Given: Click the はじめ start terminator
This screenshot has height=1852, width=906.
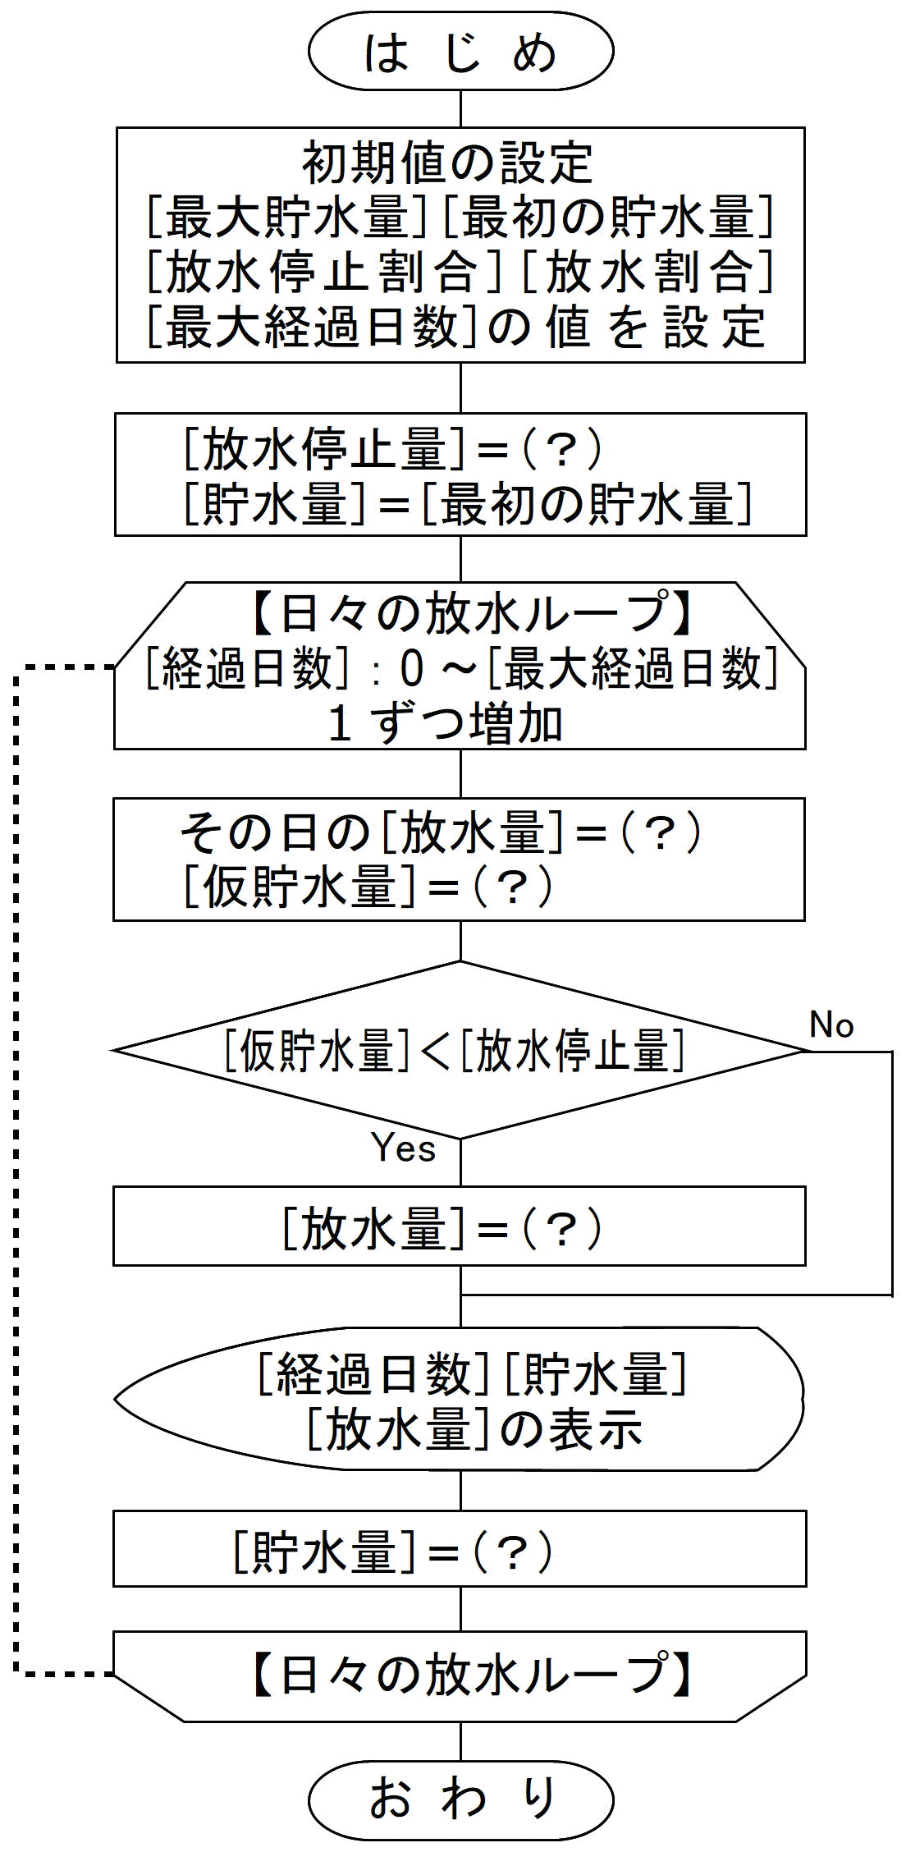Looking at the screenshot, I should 460,51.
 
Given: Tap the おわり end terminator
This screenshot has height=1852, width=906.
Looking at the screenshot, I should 460,1798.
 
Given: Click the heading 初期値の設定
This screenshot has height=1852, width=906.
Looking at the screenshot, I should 447,163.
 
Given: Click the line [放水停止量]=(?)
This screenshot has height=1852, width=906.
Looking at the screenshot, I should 394,448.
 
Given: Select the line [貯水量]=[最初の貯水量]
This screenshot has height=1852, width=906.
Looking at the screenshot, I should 468,503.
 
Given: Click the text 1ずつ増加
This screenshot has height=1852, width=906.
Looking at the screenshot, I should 445,724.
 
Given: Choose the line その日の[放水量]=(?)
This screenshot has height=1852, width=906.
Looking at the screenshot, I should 441,832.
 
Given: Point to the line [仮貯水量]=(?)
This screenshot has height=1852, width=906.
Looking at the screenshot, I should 368,887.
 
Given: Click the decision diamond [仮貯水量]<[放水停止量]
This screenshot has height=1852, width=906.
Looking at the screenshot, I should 455,1050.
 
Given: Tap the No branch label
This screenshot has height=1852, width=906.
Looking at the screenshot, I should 831,1025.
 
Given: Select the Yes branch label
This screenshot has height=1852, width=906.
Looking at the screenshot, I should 403,1147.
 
